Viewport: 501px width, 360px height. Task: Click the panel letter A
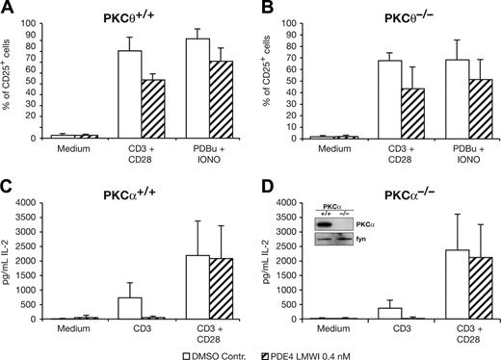point(8,9)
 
